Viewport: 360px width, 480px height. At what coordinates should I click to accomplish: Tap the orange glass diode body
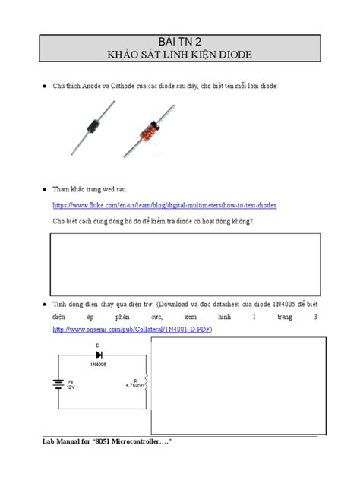(147, 122)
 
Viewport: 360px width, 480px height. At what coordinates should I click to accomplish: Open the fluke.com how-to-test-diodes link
(165, 206)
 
